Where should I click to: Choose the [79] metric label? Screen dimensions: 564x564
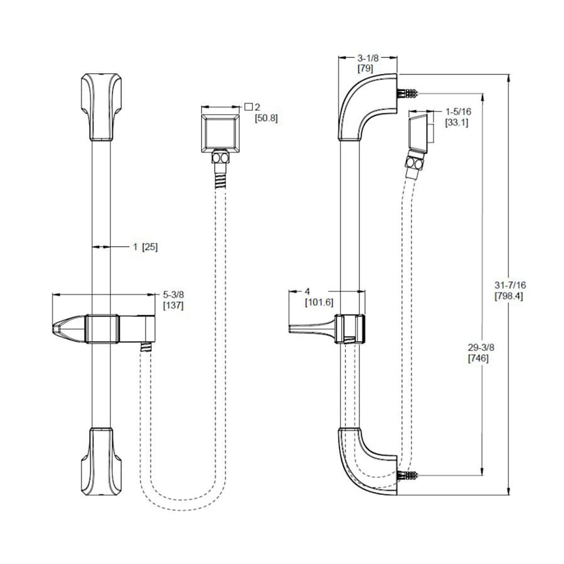[366, 68]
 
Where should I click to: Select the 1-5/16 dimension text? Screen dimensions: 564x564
[458, 112]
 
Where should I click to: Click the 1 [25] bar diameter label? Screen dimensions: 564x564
[145, 247]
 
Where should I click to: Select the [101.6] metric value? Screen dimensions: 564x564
[319, 302]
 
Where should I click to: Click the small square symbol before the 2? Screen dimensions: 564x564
[248, 107]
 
